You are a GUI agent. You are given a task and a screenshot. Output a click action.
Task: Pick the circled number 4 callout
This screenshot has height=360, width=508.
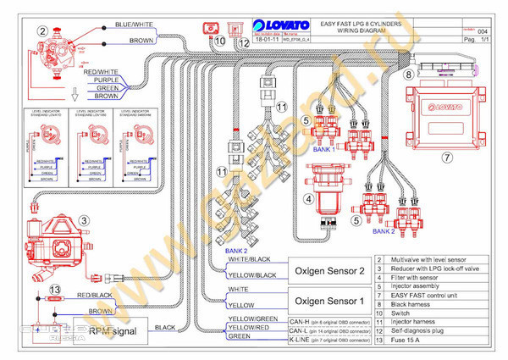[x=310, y=200]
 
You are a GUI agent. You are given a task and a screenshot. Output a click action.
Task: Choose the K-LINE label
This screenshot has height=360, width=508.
[x=240, y=336]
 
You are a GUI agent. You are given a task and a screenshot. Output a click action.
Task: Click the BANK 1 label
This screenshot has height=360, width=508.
[x=324, y=150]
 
